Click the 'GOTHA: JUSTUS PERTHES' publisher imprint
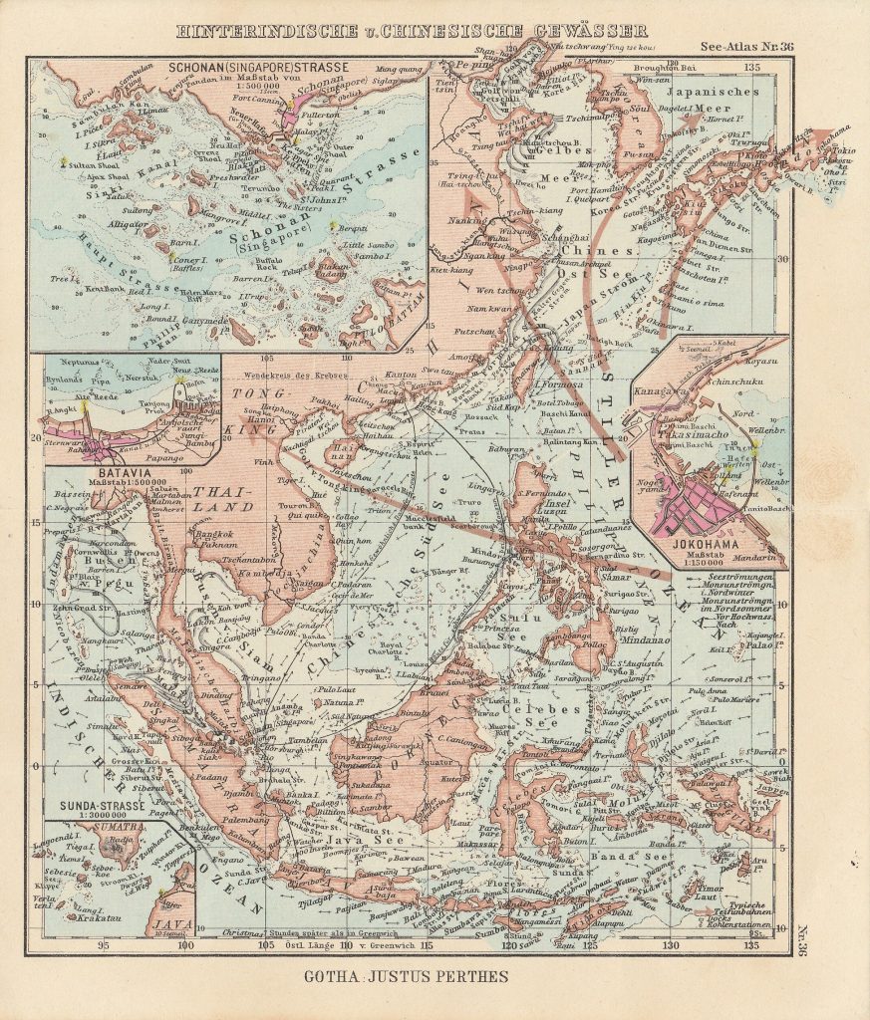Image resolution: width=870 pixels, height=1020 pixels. pos(407,976)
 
